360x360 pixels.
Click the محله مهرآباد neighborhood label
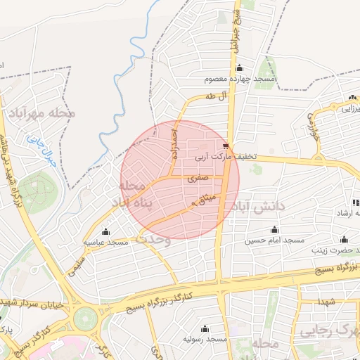coord(42,112)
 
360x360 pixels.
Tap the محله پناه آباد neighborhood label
coord(141,195)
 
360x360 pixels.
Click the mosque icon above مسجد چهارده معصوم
coord(240,68)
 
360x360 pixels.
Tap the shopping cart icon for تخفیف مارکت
coord(224,146)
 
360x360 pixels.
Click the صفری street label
coord(198,179)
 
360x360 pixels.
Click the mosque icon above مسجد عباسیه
coord(105,231)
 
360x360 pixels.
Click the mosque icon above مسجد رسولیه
coord(204,328)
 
